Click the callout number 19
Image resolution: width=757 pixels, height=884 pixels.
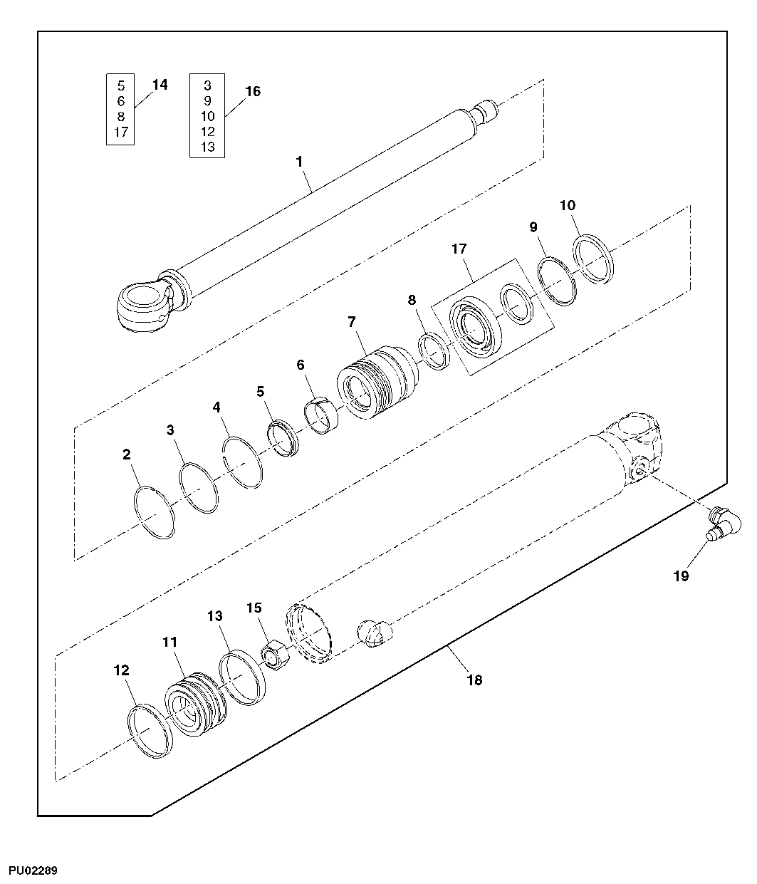(682, 576)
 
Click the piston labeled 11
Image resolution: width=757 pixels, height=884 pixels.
(194, 705)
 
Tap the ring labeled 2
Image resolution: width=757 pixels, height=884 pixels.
(155, 513)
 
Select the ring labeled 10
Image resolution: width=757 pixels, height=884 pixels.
(593, 257)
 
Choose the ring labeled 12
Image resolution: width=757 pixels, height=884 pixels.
(150, 732)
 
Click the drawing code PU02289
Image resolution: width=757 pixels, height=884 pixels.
(33, 871)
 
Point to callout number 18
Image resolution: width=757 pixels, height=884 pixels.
(474, 680)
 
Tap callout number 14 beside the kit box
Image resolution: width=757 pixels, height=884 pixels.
(160, 85)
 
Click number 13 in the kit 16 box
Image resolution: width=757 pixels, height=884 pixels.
(207, 147)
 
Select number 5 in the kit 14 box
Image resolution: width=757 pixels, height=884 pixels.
(120, 85)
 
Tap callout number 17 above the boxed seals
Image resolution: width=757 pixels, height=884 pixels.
(459, 249)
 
